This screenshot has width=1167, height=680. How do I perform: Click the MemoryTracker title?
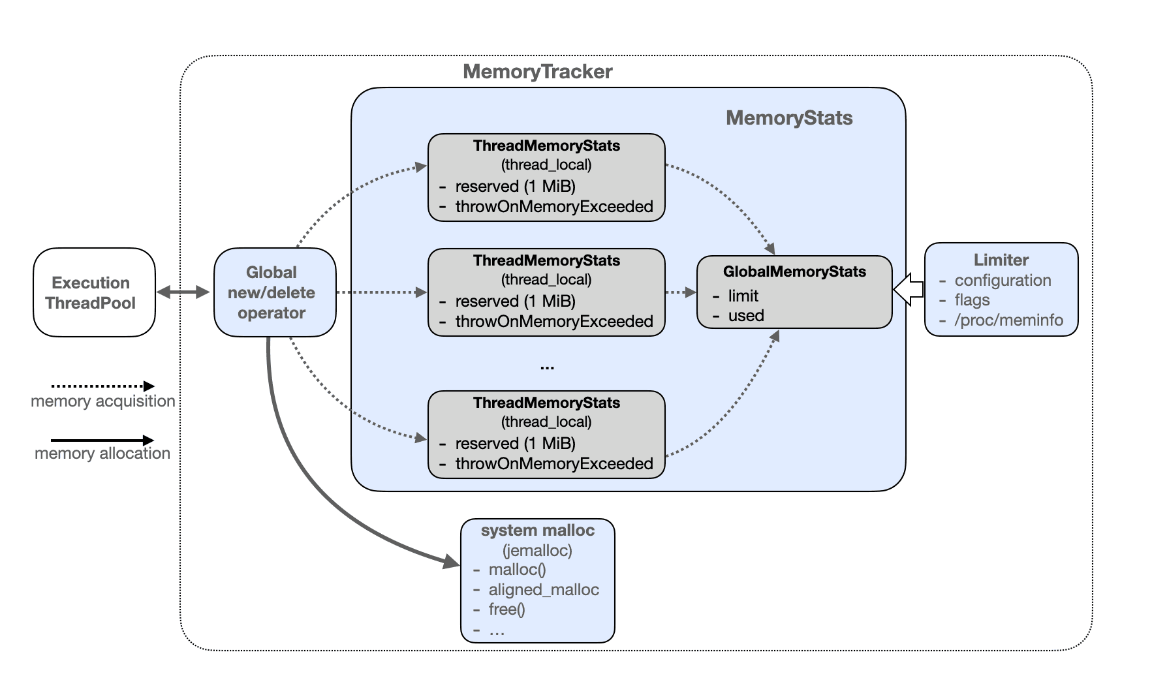537,72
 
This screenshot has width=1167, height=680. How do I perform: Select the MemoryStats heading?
788,118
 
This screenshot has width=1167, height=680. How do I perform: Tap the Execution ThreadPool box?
94,292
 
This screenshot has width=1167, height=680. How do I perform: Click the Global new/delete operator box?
274,292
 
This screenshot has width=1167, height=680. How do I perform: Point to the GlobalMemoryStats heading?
794,272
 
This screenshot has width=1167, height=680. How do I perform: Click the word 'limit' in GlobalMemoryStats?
743,296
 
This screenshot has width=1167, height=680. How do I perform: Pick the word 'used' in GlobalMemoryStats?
745,316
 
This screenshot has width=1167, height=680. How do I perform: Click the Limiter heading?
1001,260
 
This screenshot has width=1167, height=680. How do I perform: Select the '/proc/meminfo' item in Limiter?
1008,320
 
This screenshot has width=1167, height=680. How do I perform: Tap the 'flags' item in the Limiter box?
972,300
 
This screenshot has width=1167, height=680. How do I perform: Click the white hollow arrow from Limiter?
908,289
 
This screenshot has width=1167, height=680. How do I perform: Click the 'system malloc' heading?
537,531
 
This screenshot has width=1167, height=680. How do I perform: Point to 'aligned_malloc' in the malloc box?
543,590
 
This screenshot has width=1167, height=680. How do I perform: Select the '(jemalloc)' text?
537,551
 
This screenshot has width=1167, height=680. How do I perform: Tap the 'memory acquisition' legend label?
103,401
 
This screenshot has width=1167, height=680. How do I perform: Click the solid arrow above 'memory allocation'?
102,440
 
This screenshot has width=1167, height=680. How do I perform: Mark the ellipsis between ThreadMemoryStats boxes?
547,367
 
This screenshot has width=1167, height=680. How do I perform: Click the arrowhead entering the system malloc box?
451,561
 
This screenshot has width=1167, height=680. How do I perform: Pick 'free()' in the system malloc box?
506,610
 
